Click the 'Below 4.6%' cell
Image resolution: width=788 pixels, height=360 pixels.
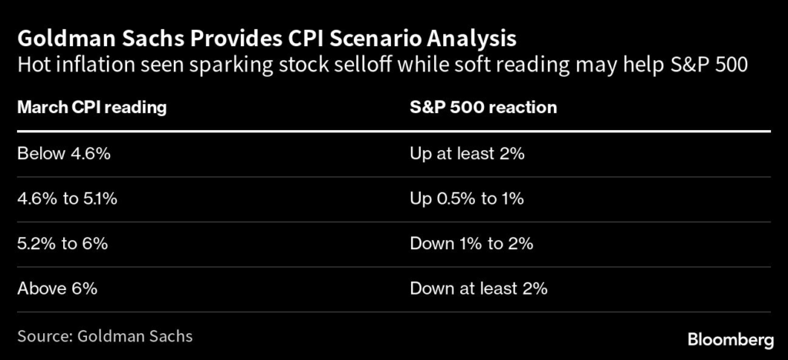tap(64, 154)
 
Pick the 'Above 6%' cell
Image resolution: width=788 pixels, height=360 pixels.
tap(57, 289)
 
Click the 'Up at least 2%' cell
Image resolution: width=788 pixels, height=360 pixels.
tap(466, 154)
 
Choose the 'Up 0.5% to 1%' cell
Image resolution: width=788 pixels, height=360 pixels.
tap(466, 199)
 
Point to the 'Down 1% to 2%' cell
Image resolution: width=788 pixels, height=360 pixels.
tap(472, 244)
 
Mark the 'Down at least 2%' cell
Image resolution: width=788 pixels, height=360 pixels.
tap(478, 289)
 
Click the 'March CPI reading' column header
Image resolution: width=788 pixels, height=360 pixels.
tap(92, 108)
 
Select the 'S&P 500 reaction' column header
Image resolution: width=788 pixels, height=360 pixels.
tap(482, 108)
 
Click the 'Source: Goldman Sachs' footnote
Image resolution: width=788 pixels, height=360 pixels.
tap(105, 336)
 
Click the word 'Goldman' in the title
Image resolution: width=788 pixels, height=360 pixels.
tap(55, 38)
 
